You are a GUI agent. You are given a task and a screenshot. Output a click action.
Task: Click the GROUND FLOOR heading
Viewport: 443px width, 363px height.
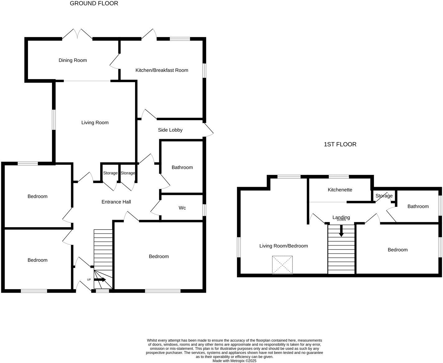tap(94, 4)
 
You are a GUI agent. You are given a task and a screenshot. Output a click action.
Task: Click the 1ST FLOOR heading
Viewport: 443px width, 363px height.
tap(340, 144)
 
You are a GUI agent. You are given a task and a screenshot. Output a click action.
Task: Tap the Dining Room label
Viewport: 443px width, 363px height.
tap(73, 60)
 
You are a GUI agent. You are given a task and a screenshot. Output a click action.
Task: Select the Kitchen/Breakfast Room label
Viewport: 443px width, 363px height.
tap(162, 70)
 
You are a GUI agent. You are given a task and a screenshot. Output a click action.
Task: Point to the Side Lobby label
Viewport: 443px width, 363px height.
tap(170, 130)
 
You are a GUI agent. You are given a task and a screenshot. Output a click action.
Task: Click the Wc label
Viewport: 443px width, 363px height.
tap(182, 208)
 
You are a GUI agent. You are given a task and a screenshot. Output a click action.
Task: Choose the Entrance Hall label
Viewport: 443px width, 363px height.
tap(116, 202)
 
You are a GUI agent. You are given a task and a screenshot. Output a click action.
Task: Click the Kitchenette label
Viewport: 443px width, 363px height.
tap(340, 190)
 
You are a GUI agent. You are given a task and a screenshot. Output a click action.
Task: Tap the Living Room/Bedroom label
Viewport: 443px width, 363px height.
tap(283, 246)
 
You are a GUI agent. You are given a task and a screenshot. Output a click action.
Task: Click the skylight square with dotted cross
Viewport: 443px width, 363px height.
tap(282, 265)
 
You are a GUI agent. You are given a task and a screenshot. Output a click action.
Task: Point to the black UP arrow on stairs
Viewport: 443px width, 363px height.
tap(100, 280)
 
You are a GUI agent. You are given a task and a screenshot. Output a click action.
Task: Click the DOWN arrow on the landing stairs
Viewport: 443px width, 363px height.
tap(341, 231)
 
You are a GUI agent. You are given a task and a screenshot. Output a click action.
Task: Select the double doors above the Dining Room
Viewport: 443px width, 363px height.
tap(77, 34)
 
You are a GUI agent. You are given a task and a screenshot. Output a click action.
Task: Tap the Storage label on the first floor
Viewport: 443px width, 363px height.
tap(384, 196)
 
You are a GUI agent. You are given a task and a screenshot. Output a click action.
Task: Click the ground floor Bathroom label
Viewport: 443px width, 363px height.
tap(182, 167)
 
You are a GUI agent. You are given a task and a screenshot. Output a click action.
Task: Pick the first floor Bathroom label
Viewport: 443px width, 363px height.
tap(418, 206)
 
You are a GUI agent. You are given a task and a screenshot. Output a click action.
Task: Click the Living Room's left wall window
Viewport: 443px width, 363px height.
tap(54, 120)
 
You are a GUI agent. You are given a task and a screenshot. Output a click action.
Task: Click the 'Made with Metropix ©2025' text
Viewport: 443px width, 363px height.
tap(234, 361)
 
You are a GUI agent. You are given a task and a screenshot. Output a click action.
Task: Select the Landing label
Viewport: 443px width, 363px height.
tap(341, 217)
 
